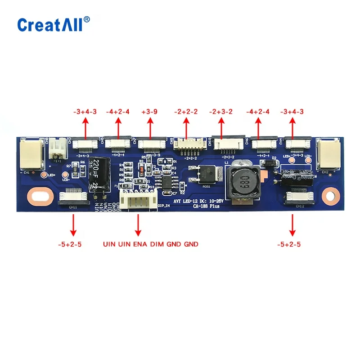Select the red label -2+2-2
coord(185,112)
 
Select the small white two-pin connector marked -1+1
coord(58,147)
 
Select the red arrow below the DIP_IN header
coord(138,225)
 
